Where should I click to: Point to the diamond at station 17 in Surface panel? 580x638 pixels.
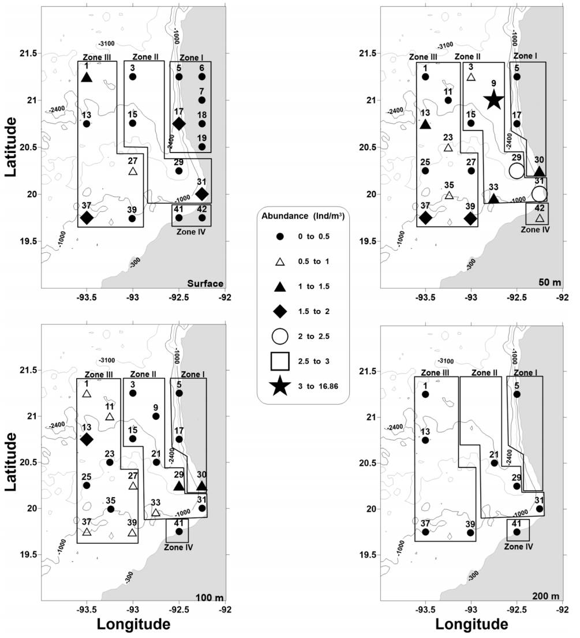click(179, 124)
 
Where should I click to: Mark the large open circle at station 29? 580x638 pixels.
click(517, 170)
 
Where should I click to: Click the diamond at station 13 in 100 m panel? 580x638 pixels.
click(87, 439)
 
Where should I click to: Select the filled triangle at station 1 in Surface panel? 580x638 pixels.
click(87, 77)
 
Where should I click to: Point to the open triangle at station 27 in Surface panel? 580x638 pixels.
click(133, 171)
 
